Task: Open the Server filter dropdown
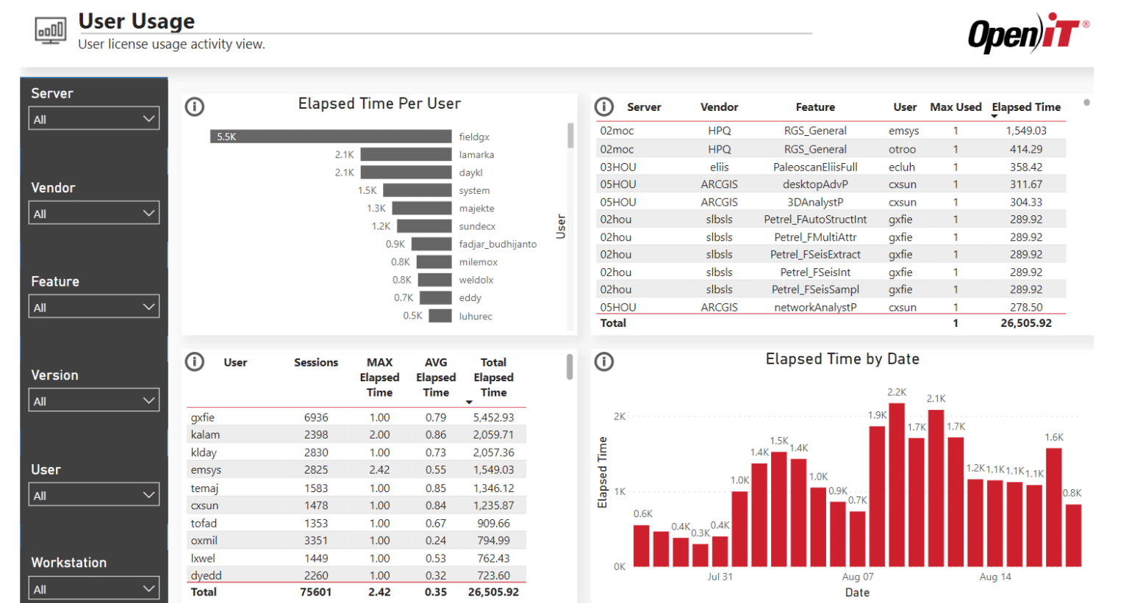[93, 119]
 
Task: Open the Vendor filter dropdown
[93, 214]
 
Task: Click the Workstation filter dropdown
[93, 589]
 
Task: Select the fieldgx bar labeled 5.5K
[331, 137]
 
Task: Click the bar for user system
[417, 190]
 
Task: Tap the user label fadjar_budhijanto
[498, 244]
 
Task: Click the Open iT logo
[1027, 34]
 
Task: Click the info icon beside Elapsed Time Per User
[195, 107]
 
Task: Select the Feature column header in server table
[815, 107]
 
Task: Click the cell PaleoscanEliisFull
[815, 167]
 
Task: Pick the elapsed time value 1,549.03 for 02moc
[1026, 131]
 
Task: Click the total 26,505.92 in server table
[1025, 323]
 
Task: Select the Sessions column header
[316, 362]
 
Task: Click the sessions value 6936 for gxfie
[316, 417]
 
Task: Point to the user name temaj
[204, 488]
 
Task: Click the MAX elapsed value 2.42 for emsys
[379, 470]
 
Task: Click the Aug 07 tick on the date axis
[858, 577]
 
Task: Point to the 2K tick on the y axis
[620, 416]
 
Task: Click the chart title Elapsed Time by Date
[842, 359]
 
